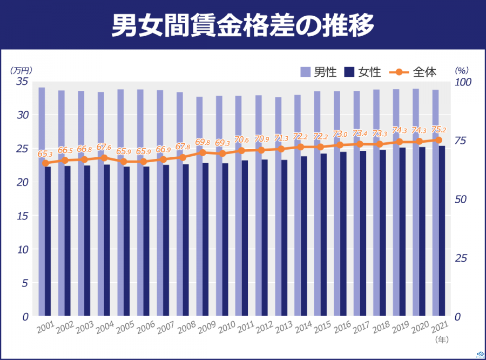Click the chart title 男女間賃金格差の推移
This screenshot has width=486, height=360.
click(242, 25)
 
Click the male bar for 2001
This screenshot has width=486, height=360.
click(42, 200)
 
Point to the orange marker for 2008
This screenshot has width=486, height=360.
click(183, 158)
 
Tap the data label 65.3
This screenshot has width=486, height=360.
click(45, 154)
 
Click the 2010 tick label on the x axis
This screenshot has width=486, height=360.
click(226, 328)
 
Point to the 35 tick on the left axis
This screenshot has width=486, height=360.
click(22, 82)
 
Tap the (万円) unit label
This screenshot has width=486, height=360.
click(21, 70)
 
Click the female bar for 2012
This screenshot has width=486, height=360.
click(265, 238)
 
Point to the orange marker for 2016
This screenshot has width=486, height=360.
click(340, 145)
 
